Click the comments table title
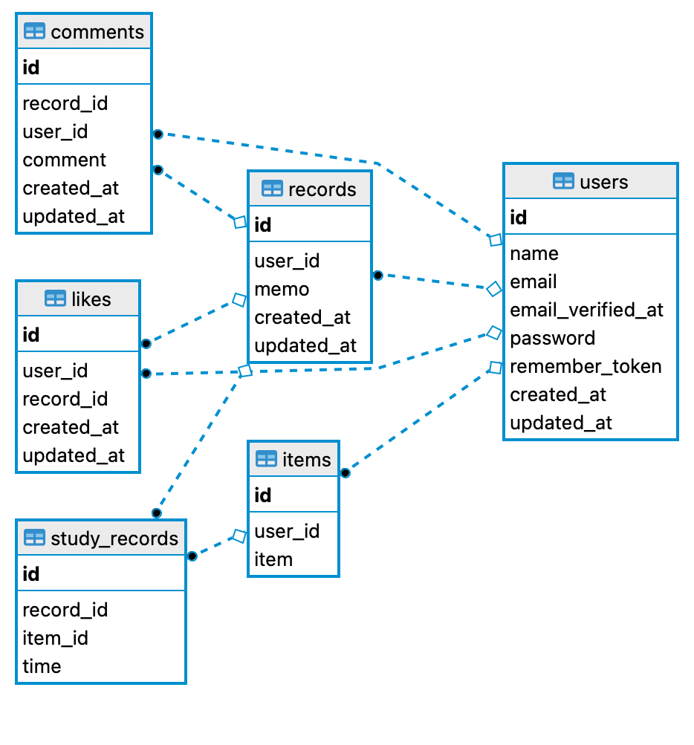tap(97, 32)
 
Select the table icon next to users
tap(563, 182)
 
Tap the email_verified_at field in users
tap(586, 310)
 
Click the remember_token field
tap(586, 366)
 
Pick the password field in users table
tap(552, 338)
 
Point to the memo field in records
tap(282, 289)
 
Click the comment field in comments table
tap(64, 160)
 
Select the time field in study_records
tap(42, 666)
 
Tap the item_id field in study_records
tap(55, 638)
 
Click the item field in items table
tap(273, 559)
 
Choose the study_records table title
tap(114, 539)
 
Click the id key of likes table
tap(31, 335)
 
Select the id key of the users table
tap(519, 218)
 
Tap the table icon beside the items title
tap(266, 459)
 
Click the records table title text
tap(322, 189)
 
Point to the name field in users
tap(534, 253)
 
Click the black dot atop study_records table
tap(156, 513)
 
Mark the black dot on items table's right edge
tap(345, 472)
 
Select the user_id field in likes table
tap(55, 371)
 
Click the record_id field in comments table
tap(65, 103)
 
